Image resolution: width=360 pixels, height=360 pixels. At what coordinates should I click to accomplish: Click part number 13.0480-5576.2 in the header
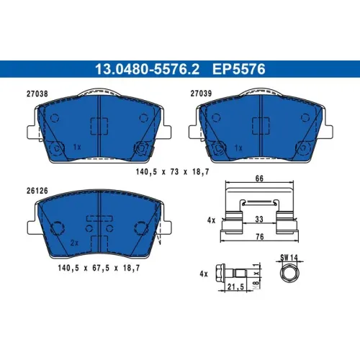(x=147, y=69)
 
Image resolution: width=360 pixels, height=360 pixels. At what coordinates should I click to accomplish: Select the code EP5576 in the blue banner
(x=239, y=69)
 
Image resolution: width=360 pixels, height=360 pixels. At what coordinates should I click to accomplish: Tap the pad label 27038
(x=37, y=94)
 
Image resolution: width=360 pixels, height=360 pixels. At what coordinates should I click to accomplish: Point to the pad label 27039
(x=201, y=94)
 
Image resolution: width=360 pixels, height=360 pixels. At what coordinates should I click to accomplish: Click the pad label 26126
(x=37, y=191)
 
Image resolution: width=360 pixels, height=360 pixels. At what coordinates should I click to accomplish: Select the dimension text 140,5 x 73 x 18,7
(x=173, y=172)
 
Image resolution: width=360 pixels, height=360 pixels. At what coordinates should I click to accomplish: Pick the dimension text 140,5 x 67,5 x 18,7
(x=99, y=268)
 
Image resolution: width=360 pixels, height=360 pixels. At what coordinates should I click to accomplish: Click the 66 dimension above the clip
(x=259, y=179)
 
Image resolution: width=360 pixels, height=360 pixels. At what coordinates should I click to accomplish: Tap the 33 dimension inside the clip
(x=259, y=219)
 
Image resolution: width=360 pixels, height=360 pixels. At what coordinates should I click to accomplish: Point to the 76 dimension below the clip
(x=260, y=237)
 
